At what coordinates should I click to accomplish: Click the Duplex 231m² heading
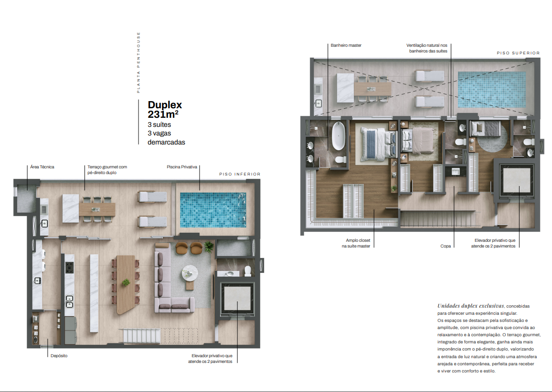point(165,110)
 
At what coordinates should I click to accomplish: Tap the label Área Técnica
point(42,167)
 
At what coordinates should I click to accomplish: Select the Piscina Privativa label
point(182,167)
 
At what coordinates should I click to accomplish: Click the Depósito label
point(59,356)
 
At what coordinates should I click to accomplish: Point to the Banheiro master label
point(346,45)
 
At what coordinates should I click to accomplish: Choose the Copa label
point(446,246)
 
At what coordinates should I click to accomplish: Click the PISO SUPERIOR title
point(518,53)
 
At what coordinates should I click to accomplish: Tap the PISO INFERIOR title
point(240,174)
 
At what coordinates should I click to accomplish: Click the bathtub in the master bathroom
point(339,136)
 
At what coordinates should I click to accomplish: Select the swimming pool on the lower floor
point(213,210)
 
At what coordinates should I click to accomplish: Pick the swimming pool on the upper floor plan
point(492,90)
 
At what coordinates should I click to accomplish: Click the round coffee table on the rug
point(190,272)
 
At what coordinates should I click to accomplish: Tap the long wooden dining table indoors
point(126,284)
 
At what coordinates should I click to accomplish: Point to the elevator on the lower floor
point(237,298)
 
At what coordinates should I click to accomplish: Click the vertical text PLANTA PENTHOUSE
point(138,62)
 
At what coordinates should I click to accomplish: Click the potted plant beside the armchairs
point(209,247)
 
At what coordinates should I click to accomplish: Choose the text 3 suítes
point(159,125)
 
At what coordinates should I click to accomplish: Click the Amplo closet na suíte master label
point(356,243)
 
